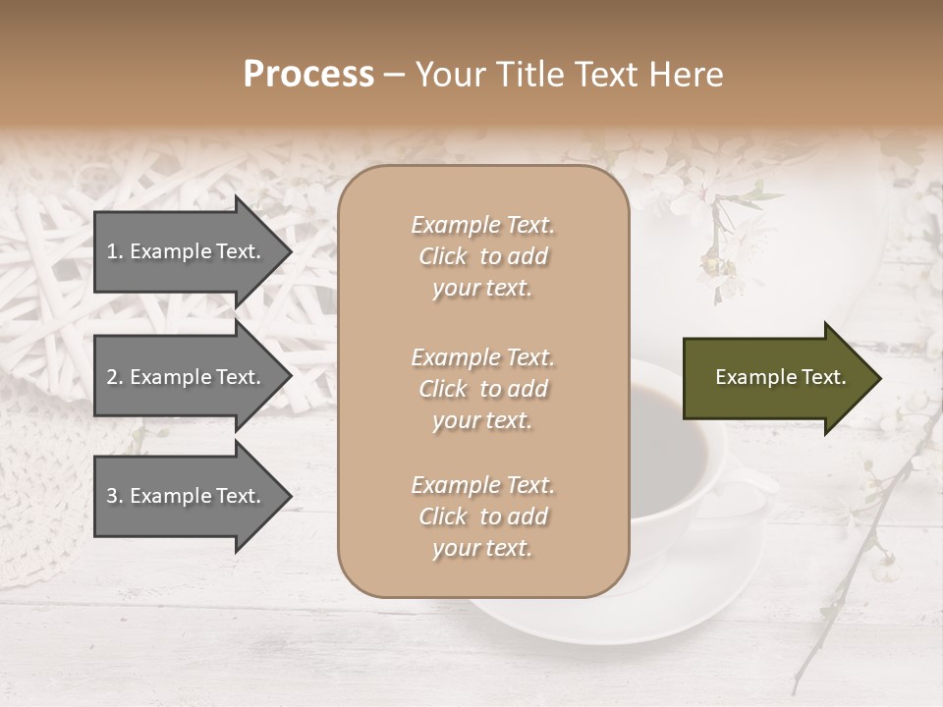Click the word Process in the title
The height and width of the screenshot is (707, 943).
coord(308,75)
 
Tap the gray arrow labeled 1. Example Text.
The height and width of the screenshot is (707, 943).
coord(187,251)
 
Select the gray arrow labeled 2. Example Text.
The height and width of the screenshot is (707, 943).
coord(187,377)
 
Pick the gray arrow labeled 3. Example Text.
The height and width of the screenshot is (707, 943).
coord(187,496)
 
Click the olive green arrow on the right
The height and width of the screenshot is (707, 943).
coord(776,377)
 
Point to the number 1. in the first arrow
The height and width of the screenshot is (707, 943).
coord(114,251)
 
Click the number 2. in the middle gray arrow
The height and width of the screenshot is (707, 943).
coord(114,377)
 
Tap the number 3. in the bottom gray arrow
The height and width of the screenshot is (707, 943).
coord(114,496)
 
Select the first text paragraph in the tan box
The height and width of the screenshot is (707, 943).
coord(482,256)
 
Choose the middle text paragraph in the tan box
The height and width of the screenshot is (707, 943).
coord(482,389)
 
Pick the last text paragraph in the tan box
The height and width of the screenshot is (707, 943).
coord(482,517)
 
